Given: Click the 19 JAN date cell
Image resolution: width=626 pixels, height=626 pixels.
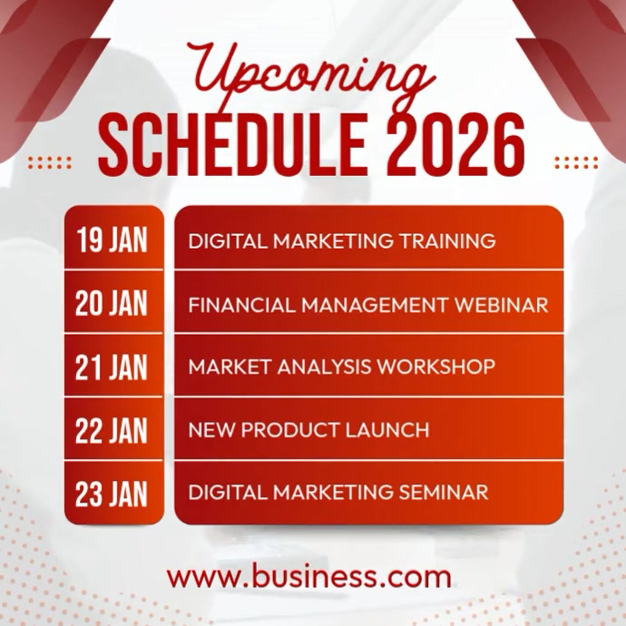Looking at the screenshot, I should (x=112, y=241).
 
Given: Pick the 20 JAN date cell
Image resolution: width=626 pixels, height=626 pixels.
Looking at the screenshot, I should (x=112, y=304).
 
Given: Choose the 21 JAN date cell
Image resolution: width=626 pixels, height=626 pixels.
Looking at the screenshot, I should (x=112, y=367).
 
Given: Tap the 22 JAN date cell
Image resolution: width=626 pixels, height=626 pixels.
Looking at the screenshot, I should (x=112, y=430).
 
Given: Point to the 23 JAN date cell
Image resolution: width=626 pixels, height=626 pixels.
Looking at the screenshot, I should (x=112, y=493).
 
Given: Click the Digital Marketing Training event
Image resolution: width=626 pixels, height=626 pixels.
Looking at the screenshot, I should (x=341, y=241).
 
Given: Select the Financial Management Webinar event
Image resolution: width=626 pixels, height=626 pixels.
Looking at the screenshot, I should (x=367, y=304).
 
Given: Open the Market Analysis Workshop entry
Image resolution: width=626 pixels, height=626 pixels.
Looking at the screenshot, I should (x=341, y=367).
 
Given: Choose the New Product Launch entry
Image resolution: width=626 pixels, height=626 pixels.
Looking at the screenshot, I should (x=308, y=430).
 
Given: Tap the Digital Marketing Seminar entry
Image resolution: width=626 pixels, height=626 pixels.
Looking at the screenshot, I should (x=337, y=493).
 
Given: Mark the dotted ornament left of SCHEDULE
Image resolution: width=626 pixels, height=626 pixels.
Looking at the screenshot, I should (x=50, y=162).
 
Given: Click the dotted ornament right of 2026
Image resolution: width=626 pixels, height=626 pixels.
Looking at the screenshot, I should (x=576, y=162).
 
